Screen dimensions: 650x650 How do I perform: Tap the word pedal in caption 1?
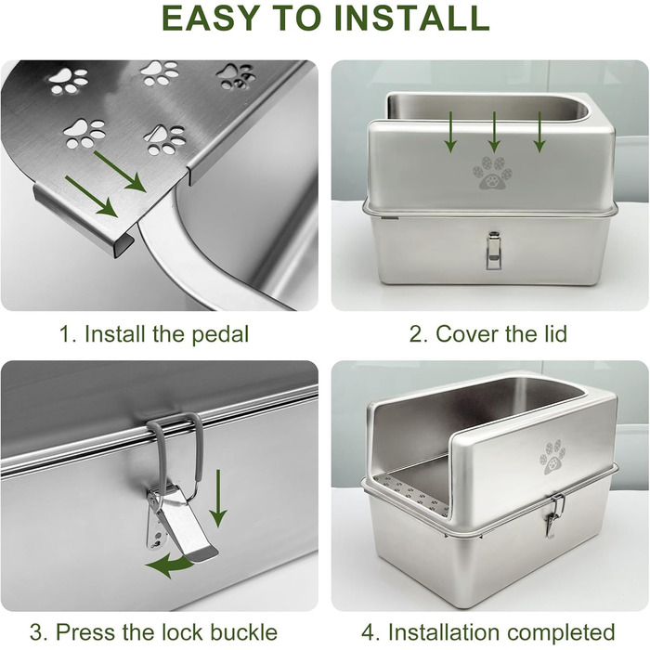[220, 334]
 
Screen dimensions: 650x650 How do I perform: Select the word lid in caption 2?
[553, 333]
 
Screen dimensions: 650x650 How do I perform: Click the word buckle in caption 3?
[243, 631]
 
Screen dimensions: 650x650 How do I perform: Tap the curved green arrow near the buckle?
[170, 565]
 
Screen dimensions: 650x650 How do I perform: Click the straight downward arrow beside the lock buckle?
[217, 499]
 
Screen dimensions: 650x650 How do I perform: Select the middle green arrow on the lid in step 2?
[494, 132]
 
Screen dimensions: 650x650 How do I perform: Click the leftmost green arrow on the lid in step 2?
[450, 132]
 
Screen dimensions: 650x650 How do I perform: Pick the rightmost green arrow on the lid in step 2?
[539, 132]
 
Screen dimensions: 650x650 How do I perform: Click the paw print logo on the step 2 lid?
[492, 173]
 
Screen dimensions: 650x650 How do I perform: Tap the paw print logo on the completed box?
[552, 457]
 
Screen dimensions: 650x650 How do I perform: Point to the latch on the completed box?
[553, 515]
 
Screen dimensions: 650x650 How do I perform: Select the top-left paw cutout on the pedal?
[69, 81]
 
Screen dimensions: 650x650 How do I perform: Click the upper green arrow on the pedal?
[120, 171]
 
